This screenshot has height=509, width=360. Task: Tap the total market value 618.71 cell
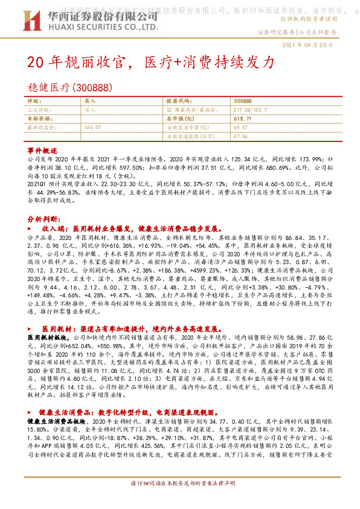tap(240, 119)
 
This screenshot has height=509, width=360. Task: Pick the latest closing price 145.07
tap(93, 128)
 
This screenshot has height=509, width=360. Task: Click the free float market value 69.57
tap(240, 128)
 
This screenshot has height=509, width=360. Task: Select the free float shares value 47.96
tap(240, 137)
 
